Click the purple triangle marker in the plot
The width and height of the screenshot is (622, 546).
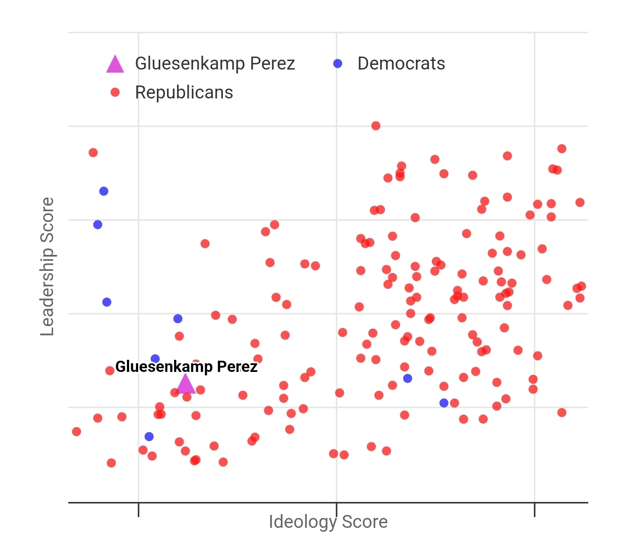click(x=186, y=384)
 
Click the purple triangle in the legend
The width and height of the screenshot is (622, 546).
click(x=115, y=64)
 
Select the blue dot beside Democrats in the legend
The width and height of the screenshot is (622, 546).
click(x=338, y=63)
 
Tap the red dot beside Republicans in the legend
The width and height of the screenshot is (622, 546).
click(x=115, y=92)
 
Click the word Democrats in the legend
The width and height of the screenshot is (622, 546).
click(x=401, y=63)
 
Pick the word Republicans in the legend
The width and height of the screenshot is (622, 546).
click(x=184, y=92)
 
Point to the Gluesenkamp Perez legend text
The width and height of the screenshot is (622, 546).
click(x=215, y=63)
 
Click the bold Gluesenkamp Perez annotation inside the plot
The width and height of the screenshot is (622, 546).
click(x=186, y=367)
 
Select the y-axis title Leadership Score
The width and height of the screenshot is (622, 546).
click(x=47, y=267)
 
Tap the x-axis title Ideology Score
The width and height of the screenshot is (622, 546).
click(x=328, y=522)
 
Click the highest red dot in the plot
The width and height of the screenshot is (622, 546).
click(x=376, y=126)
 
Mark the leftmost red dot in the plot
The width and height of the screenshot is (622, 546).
click(x=76, y=432)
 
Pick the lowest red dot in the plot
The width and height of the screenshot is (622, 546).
click(x=111, y=463)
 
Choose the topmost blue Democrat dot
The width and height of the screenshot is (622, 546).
click(x=104, y=191)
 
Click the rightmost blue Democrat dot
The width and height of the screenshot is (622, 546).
click(x=444, y=403)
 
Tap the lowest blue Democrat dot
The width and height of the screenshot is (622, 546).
click(x=149, y=437)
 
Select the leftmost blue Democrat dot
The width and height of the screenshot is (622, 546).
click(x=98, y=225)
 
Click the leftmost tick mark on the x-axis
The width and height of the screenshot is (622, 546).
click(x=138, y=509)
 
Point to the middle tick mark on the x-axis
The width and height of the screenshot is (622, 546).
click(x=336, y=509)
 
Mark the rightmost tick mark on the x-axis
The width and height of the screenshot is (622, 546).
click(x=534, y=509)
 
